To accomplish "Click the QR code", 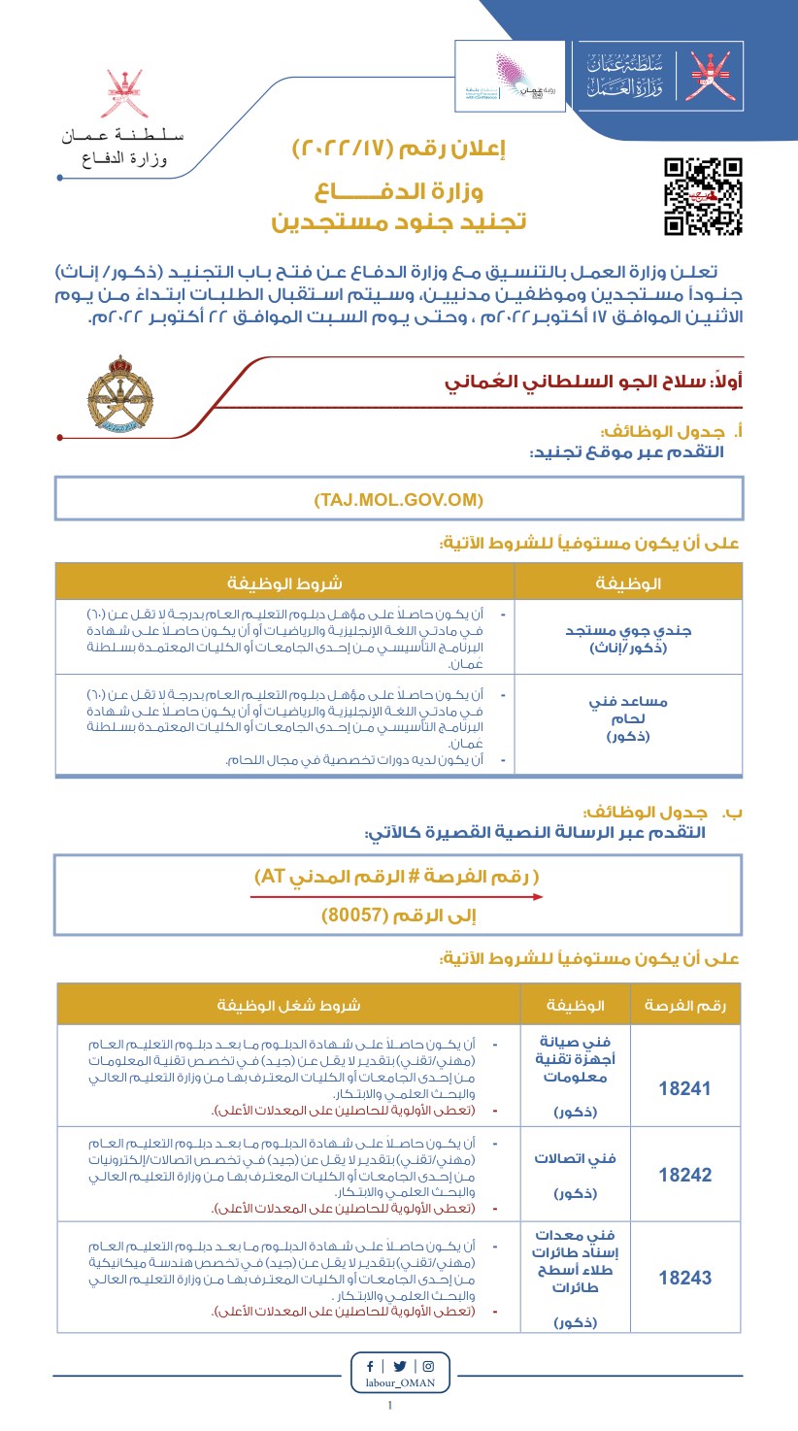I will click(703, 196).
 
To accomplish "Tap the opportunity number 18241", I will click(684, 1088).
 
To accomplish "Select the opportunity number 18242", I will click(684, 1175).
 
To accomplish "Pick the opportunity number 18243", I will click(684, 1278).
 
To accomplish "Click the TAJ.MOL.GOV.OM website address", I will click(398, 499).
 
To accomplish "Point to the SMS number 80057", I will click(398, 915).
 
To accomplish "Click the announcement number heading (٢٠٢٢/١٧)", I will click(399, 150).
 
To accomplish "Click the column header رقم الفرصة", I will click(684, 1004).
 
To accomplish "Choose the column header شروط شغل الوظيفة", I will click(288, 1004).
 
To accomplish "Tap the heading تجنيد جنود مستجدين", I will click(399, 221).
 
